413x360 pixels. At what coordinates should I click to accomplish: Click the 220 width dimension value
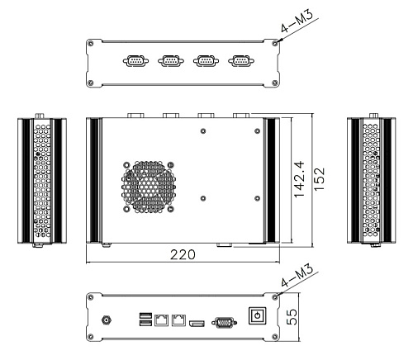[x=183, y=254]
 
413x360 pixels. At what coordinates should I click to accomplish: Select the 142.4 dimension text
[x=300, y=179]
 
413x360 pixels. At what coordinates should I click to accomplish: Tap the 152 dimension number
[x=320, y=179]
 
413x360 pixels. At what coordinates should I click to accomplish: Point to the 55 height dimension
[x=292, y=317]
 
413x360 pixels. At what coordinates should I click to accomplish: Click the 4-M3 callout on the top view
[x=297, y=21]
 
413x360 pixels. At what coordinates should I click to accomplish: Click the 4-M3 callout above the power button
[x=297, y=275]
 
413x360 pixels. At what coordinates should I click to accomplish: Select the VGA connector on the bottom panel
[x=224, y=323]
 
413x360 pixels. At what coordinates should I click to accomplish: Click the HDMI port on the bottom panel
[x=197, y=324]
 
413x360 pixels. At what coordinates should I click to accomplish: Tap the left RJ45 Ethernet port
[x=161, y=320]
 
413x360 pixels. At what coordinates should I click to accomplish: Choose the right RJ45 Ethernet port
[x=178, y=320]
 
